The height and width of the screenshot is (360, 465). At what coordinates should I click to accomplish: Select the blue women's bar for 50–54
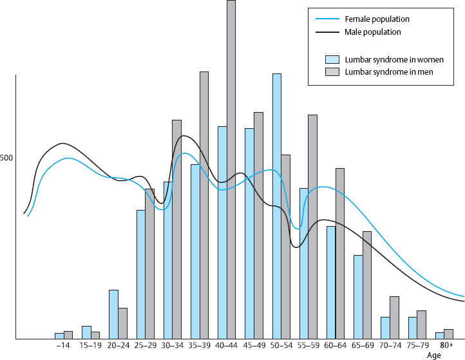276,206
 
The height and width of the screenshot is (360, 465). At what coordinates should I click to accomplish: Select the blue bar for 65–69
358,297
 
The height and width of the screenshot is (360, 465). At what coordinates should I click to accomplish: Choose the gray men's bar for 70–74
394,317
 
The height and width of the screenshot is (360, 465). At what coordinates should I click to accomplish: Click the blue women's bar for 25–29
140,274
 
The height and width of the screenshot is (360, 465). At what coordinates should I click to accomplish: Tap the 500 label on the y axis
6,158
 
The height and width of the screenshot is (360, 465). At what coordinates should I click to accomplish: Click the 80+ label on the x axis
447,346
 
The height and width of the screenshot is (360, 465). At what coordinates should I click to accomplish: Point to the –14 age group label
62,346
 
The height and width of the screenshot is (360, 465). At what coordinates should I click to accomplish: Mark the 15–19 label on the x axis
90,346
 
